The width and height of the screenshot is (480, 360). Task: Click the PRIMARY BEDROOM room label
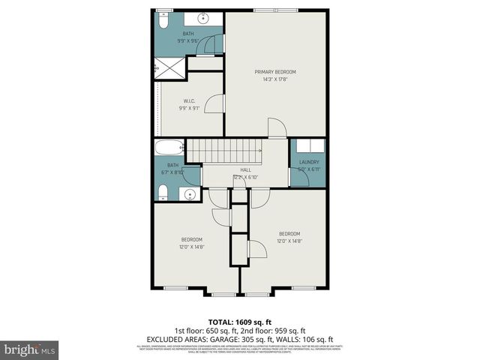pyautogui.click(x=276, y=72)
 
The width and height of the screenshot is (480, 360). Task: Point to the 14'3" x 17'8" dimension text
pyautogui.click(x=276, y=79)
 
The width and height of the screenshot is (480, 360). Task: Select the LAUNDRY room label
pyautogui.click(x=309, y=162)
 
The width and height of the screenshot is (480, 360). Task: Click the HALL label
pyautogui.click(x=245, y=170)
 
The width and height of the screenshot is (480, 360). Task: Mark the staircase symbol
pyautogui.click(x=224, y=151)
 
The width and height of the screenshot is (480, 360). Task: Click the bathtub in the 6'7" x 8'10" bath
pyautogui.click(x=169, y=147)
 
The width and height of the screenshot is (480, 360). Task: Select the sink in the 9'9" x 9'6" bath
pyautogui.click(x=203, y=18)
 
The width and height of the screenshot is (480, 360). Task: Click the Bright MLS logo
pyautogui.click(x=30, y=349)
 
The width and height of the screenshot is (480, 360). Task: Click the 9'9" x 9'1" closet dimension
pyautogui.click(x=190, y=108)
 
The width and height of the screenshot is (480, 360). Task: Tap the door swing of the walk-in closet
pyautogui.click(x=216, y=103)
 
